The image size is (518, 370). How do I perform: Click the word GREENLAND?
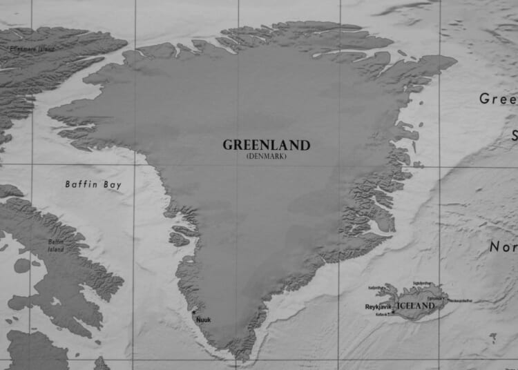pyautogui.click(x=266, y=145)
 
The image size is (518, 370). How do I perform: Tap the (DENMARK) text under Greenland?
pyautogui.click(x=266, y=156)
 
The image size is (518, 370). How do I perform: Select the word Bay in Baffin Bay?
pyautogui.click(x=113, y=184)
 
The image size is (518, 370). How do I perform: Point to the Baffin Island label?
pyautogui.click(x=56, y=245)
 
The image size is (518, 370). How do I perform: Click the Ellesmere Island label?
pyautogui.click(x=32, y=49)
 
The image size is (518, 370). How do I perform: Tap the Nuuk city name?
pyautogui.click(x=204, y=320)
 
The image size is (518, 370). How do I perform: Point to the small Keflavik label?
pyautogui.click(x=381, y=314)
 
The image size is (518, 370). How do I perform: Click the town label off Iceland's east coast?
pyautogui.click(x=461, y=300)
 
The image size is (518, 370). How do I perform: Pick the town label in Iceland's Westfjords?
pyautogui.click(x=376, y=287)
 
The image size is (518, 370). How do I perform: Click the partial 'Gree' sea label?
pyautogui.click(x=497, y=99)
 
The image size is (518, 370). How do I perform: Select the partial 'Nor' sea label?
pyautogui.click(x=503, y=246)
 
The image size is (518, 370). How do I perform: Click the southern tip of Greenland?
pyautogui.click(x=241, y=356)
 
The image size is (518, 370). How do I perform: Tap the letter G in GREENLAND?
pyautogui.click(x=227, y=145)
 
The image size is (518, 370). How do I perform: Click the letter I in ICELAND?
pyautogui.click(x=396, y=305)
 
